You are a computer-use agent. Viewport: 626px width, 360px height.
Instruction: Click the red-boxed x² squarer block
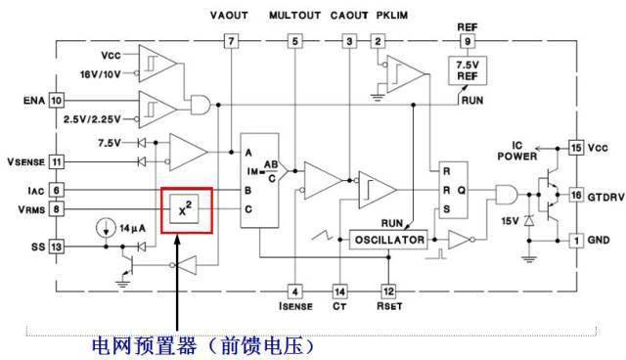pos(189,207)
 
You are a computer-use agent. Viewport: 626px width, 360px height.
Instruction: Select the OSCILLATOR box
pos(388,240)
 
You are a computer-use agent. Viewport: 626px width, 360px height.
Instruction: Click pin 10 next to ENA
pos(56,100)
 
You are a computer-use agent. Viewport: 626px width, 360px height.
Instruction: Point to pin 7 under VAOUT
pos(230,41)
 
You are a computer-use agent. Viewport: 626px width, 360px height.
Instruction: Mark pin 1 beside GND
pos(576,240)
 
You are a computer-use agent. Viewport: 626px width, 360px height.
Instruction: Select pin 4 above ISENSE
pos(294,291)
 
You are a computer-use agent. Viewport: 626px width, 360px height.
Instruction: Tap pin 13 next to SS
pos(56,247)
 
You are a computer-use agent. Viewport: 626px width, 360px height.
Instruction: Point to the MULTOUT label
pos(295,16)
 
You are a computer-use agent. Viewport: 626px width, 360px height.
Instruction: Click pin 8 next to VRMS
pos(56,208)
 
